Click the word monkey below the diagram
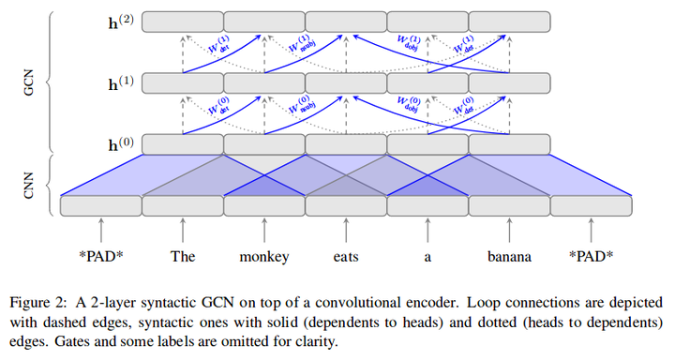pyautogui.click(x=264, y=254)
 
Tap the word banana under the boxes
pyautogui.click(x=508, y=254)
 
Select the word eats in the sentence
pyautogui.click(x=345, y=254)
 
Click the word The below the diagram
pyautogui.click(x=182, y=254)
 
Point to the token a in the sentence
pyautogui.click(x=427, y=254)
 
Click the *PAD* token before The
pyautogui.click(x=100, y=254)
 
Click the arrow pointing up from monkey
pyautogui.click(x=264, y=228)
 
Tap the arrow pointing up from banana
pyautogui.click(x=508, y=228)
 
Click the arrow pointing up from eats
pyautogui.click(x=346, y=228)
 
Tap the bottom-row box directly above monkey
pyautogui.click(x=264, y=204)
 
